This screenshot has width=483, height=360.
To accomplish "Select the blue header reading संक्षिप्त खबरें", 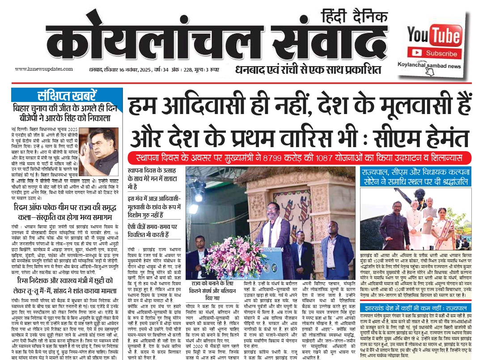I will (67, 95).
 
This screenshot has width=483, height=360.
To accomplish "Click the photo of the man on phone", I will (102, 152).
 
